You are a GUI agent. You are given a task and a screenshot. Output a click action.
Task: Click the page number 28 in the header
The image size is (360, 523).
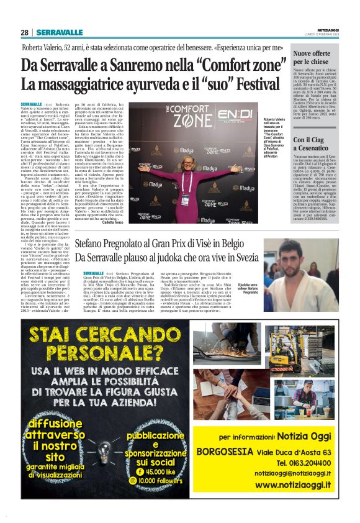tap(24, 32)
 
